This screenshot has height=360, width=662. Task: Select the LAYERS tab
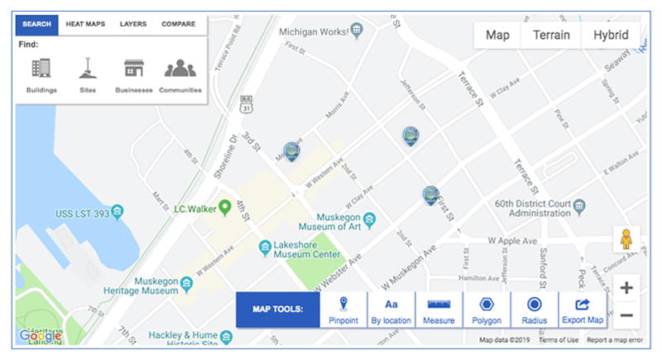[x=133, y=24]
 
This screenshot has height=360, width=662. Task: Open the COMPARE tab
[x=178, y=24]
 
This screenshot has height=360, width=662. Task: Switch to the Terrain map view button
[x=550, y=36]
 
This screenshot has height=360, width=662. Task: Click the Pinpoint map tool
[x=343, y=309]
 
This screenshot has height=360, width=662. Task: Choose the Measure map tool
[x=439, y=309]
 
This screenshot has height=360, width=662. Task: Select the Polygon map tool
[x=487, y=309]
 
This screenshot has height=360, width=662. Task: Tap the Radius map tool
[x=535, y=309]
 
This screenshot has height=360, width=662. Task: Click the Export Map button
[x=583, y=309]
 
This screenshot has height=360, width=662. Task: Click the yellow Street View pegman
[x=626, y=239]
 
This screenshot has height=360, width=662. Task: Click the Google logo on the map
[x=41, y=336]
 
